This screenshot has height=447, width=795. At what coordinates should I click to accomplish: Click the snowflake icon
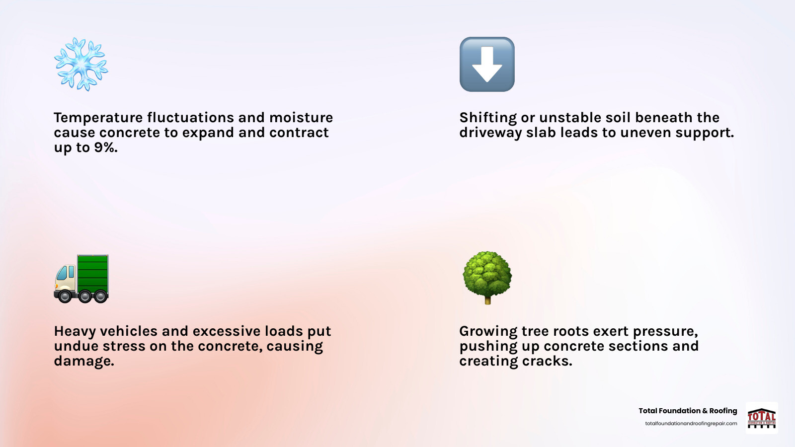click(x=81, y=64)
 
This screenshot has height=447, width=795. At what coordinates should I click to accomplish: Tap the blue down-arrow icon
click(x=487, y=64)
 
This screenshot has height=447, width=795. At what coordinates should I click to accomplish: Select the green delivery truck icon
click(x=81, y=279)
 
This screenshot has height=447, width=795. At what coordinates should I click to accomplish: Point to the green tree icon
click(x=487, y=278)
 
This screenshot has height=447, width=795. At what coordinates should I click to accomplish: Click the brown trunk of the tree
click(x=487, y=300)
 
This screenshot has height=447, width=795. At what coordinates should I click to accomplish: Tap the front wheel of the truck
click(x=65, y=296)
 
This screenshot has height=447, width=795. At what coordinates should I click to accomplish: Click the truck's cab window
click(x=63, y=273)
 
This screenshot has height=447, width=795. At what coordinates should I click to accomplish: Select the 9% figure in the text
click(x=105, y=147)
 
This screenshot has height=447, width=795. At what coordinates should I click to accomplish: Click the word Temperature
click(x=98, y=118)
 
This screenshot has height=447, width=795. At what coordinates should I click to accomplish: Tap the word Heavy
click(x=75, y=331)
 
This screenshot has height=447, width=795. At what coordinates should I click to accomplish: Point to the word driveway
click(x=490, y=133)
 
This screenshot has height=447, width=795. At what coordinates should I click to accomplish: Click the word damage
click(x=84, y=361)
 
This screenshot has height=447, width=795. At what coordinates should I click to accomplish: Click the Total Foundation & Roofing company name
click(x=688, y=410)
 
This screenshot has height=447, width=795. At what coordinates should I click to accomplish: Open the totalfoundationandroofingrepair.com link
click(x=691, y=423)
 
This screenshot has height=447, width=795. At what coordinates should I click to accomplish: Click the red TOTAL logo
click(x=762, y=418)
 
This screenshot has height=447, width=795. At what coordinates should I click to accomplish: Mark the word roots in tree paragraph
click(x=567, y=331)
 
